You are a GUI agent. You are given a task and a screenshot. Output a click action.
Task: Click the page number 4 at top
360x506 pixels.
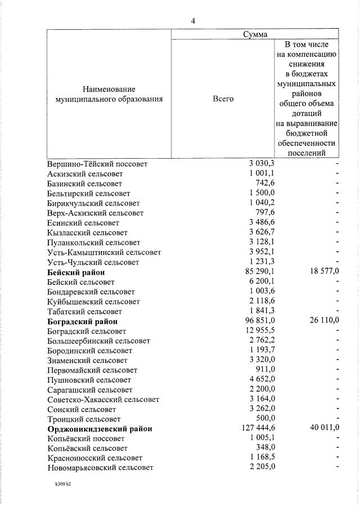(x=193, y=21)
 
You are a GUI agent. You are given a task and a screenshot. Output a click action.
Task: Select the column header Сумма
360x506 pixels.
(x=255, y=34)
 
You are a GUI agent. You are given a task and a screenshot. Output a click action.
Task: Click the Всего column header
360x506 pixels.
(x=223, y=98)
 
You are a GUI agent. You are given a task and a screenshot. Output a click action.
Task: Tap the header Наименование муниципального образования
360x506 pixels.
(x=109, y=94)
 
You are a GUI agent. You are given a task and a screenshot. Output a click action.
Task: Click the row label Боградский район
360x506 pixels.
(x=83, y=321)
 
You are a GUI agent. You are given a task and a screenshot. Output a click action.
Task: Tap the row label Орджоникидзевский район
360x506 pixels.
(x=100, y=429)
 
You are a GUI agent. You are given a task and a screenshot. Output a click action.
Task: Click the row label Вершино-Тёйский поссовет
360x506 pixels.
(x=97, y=164)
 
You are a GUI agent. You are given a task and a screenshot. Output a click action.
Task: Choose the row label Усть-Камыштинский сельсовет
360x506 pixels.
(x=104, y=253)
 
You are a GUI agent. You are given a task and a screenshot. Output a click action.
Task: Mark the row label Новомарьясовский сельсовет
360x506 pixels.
(x=100, y=468)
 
